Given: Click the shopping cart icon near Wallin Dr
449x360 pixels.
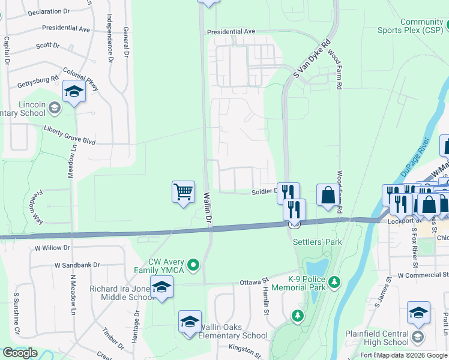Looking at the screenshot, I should point(184,193).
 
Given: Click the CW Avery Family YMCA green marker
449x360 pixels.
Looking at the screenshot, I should point(193,264).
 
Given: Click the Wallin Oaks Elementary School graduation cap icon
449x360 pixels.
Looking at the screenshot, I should point(190,322).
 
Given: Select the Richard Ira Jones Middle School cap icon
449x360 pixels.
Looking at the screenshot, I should point(161,287).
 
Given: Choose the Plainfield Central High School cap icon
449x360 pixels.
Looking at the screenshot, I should point(418,313).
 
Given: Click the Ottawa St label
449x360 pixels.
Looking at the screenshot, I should point(253,281).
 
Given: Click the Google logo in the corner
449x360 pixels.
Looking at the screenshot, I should point(20,353).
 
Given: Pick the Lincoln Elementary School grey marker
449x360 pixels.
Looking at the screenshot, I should point(55,108).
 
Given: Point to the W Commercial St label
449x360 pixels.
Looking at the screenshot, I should point(423,275).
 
